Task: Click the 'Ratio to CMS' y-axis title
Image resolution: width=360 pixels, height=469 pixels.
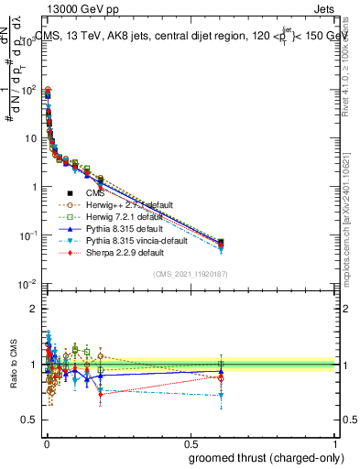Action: (x=12, y=365)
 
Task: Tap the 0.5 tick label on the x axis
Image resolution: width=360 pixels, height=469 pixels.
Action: (x=191, y=441)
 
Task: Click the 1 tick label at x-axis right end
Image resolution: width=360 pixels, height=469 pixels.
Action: (x=336, y=441)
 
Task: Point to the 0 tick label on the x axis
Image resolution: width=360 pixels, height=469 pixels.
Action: (x=46, y=441)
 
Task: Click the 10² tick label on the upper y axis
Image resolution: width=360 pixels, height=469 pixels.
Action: (x=29, y=90)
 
